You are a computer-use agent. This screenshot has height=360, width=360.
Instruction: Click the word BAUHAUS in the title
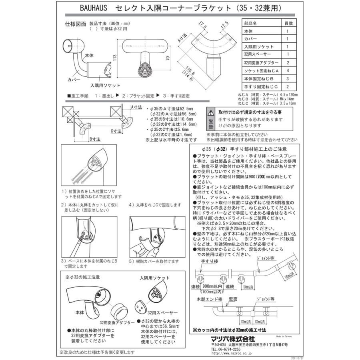(81, 8)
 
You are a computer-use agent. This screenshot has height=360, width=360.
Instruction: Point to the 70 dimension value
(168, 58)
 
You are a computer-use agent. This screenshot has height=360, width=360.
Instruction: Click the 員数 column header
(288, 24)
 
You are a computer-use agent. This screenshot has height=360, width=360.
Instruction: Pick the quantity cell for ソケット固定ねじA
(288, 70)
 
